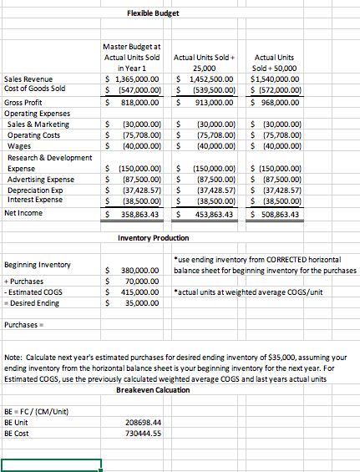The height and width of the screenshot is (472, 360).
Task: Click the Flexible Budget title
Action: [153, 13]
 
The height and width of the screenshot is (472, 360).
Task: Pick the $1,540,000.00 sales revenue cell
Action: [278, 78]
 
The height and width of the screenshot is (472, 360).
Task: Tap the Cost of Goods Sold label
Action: [35, 88]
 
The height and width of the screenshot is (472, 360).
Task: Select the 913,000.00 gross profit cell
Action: [205, 101]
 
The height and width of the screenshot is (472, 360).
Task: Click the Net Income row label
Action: [23, 213]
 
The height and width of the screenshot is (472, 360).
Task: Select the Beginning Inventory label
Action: [36, 265]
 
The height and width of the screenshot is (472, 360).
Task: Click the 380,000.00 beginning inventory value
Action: [134, 271]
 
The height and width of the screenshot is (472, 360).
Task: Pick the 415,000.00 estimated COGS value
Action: [134, 294]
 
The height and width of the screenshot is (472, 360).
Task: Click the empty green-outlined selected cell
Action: [51, 465]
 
